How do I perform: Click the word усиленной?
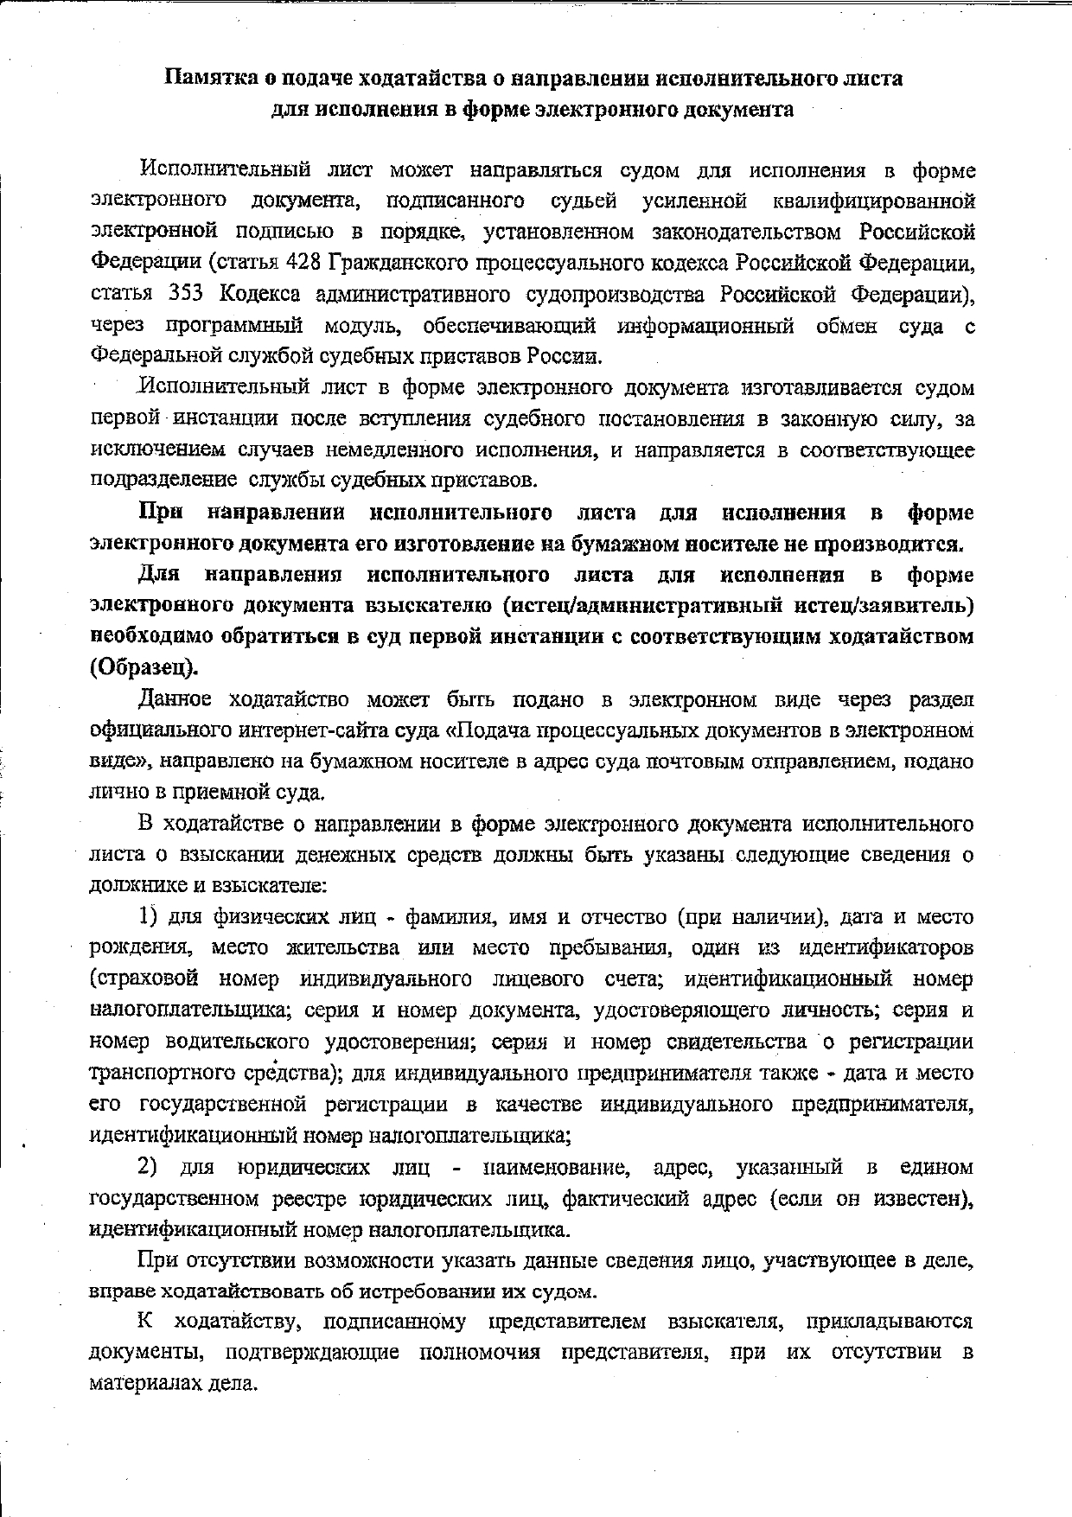point(695,201)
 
